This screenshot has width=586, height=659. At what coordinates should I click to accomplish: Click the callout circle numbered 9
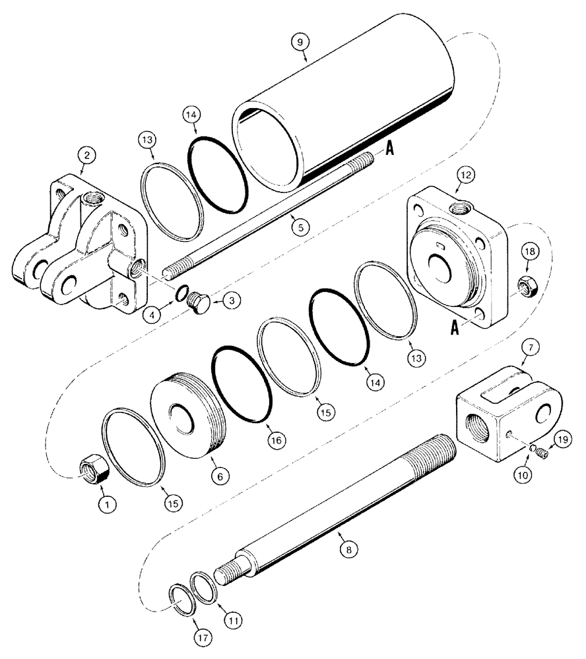pyautogui.click(x=302, y=41)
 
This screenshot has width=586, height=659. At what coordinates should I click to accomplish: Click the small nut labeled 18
pyautogui.click(x=529, y=285)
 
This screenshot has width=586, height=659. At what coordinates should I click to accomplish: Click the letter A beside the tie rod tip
pyautogui.click(x=390, y=150)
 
